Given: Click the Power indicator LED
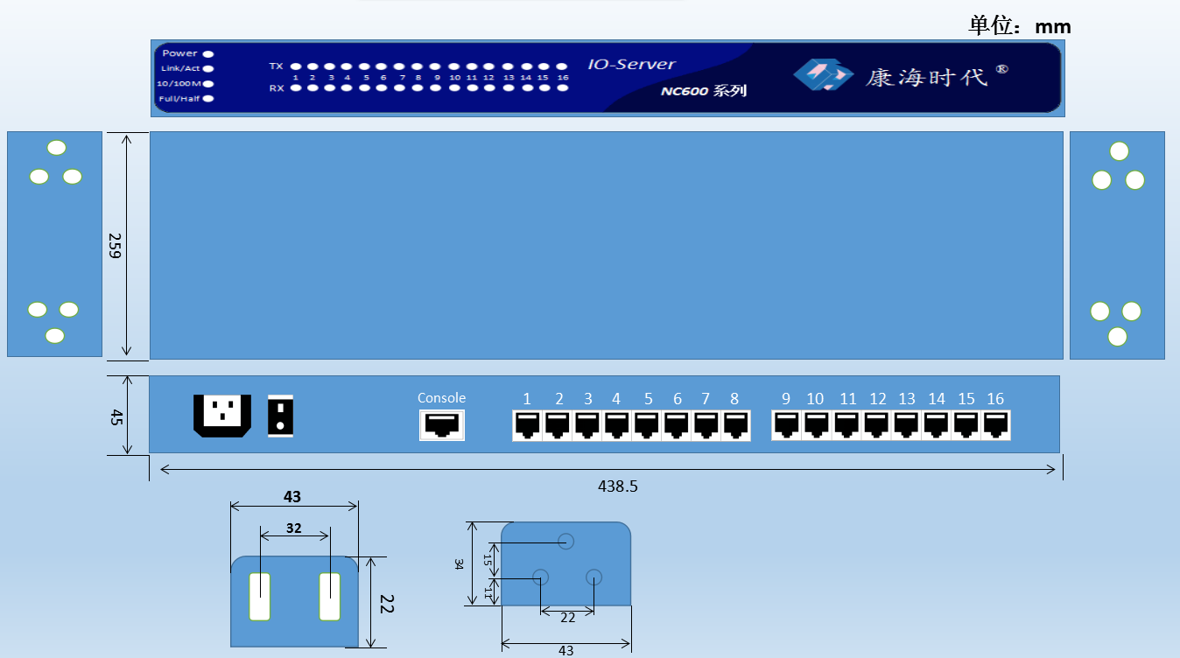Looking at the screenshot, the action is pyautogui.click(x=208, y=53).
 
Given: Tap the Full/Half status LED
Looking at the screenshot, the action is pyautogui.click(x=208, y=98).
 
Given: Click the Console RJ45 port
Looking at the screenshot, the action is pyautogui.click(x=442, y=424).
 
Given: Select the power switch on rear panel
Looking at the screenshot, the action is pyautogui.click(x=280, y=416).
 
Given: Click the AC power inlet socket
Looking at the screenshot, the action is pyautogui.click(x=222, y=416).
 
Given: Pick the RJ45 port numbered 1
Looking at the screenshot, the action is pyautogui.click(x=527, y=425).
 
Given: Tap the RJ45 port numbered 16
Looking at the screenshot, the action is pyautogui.click(x=995, y=425).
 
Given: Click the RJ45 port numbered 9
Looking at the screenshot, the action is pyautogui.click(x=786, y=425).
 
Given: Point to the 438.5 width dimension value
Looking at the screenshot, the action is pyautogui.click(x=618, y=486).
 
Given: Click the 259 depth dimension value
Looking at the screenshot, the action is pyautogui.click(x=115, y=246).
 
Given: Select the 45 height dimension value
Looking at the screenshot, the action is pyautogui.click(x=116, y=417).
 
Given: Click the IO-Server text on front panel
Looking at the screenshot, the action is pyautogui.click(x=632, y=64).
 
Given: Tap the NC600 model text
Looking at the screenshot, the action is pyautogui.click(x=685, y=91).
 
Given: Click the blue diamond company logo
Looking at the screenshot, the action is pyautogui.click(x=824, y=74).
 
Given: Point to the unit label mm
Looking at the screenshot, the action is pyautogui.click(x=1053, y=27).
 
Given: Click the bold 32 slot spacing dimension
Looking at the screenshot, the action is pyautogui.click(x=294, y=528).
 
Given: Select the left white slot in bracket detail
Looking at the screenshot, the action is pyautogui.click(x=260, y=597).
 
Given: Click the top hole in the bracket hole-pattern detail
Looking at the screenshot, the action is pyautogui.click(x=565, y=541).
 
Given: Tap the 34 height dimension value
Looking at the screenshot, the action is pyautogui.click(x=459, y=564).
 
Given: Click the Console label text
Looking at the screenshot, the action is pyautogui.click(x=441, y=398).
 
